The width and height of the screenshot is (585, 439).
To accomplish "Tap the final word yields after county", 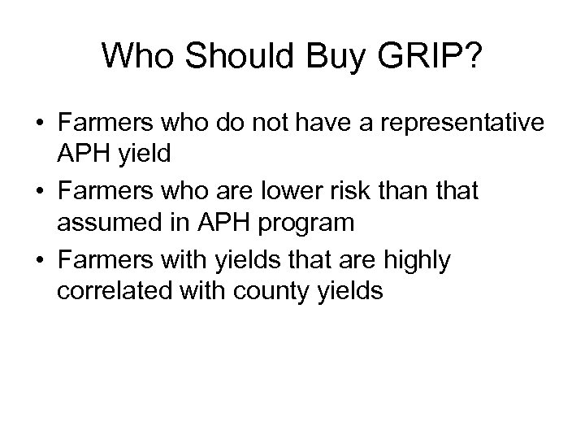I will (x=353, y=289).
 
